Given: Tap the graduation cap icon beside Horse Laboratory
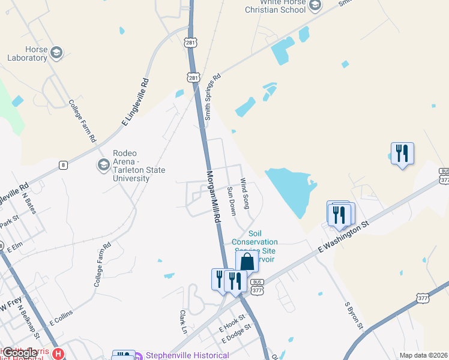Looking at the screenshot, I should coord(57,53).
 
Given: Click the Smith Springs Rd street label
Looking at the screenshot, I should coord(212,97).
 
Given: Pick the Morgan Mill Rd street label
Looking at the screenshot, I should coord(214,197).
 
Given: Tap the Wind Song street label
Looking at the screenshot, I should coord(244,193).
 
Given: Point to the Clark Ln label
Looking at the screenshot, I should coord(184,322).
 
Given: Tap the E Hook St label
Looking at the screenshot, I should coord(232,323).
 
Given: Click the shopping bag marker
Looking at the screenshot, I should coord(247,262).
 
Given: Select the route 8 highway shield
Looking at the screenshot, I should coord(63,164).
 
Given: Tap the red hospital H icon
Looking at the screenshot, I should coord(58,354).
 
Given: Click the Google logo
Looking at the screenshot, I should coord(20,353).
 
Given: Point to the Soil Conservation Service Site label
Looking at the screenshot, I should coord(255,242).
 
